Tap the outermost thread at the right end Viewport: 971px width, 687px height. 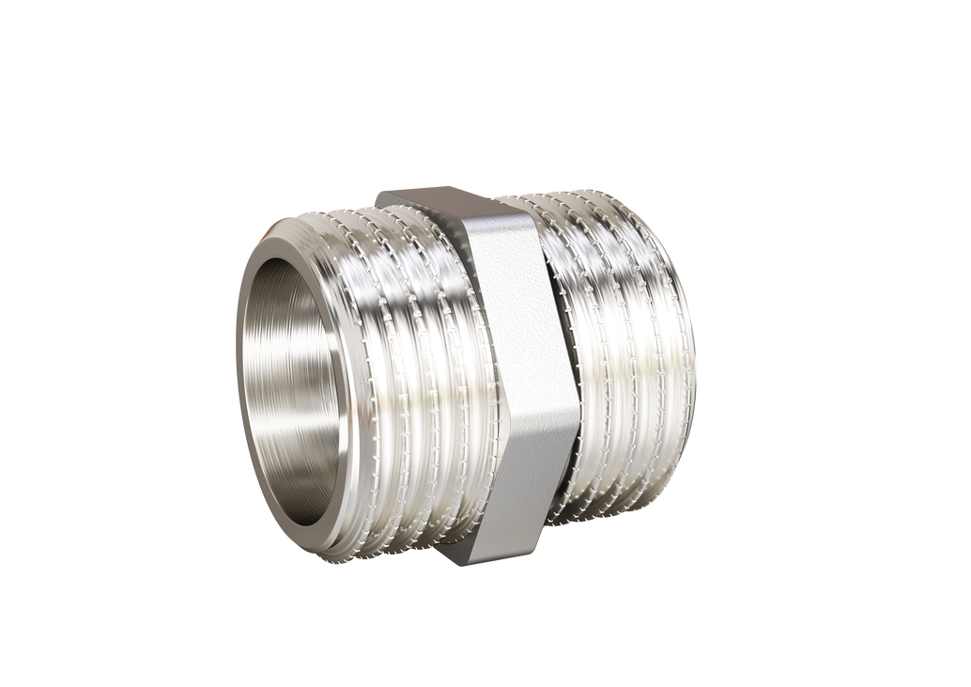coord(684,376)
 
